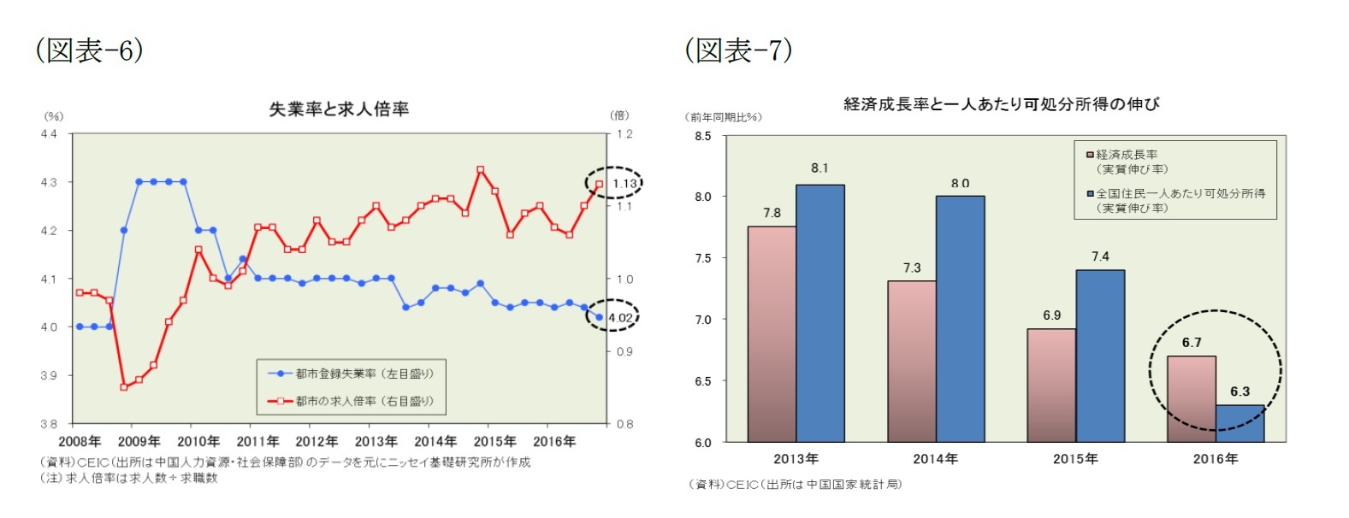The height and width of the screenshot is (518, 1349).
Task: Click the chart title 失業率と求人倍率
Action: (x=339, y=109)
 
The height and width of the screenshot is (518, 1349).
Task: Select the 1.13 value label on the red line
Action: (x=624, y=184)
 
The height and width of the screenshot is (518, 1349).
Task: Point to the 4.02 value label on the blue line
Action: (x=620, y=318)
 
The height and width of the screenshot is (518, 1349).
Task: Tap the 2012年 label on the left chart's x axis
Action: (x=317, y=442)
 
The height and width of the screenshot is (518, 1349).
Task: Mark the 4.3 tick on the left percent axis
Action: (x=49, y=182)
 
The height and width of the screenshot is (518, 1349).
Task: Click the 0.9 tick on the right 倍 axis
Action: (x=624, y=351)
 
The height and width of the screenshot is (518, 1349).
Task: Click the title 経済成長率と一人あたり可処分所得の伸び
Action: (x=1001, y=104)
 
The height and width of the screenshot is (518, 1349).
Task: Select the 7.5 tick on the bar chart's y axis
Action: (x=702, y=258)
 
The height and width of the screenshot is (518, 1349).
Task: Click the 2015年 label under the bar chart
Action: (x=1075, y=459)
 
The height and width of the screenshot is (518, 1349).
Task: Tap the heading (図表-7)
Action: (x=738, y=50)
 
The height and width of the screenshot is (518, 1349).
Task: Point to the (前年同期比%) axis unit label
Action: (x=723, y=117)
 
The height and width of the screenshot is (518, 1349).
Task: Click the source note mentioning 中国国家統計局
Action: (x=796, y=485)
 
